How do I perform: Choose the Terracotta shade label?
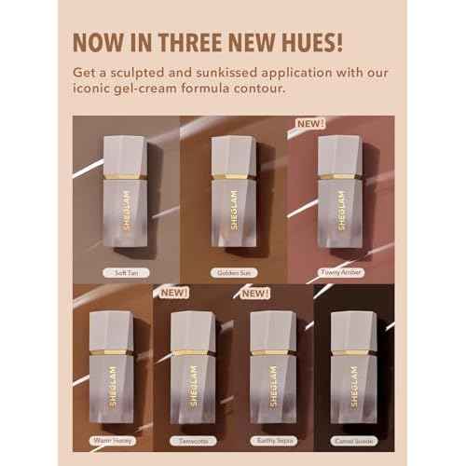point(193,440)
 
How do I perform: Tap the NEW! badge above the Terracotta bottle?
point(174,292)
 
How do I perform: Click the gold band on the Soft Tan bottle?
point(122,174)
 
